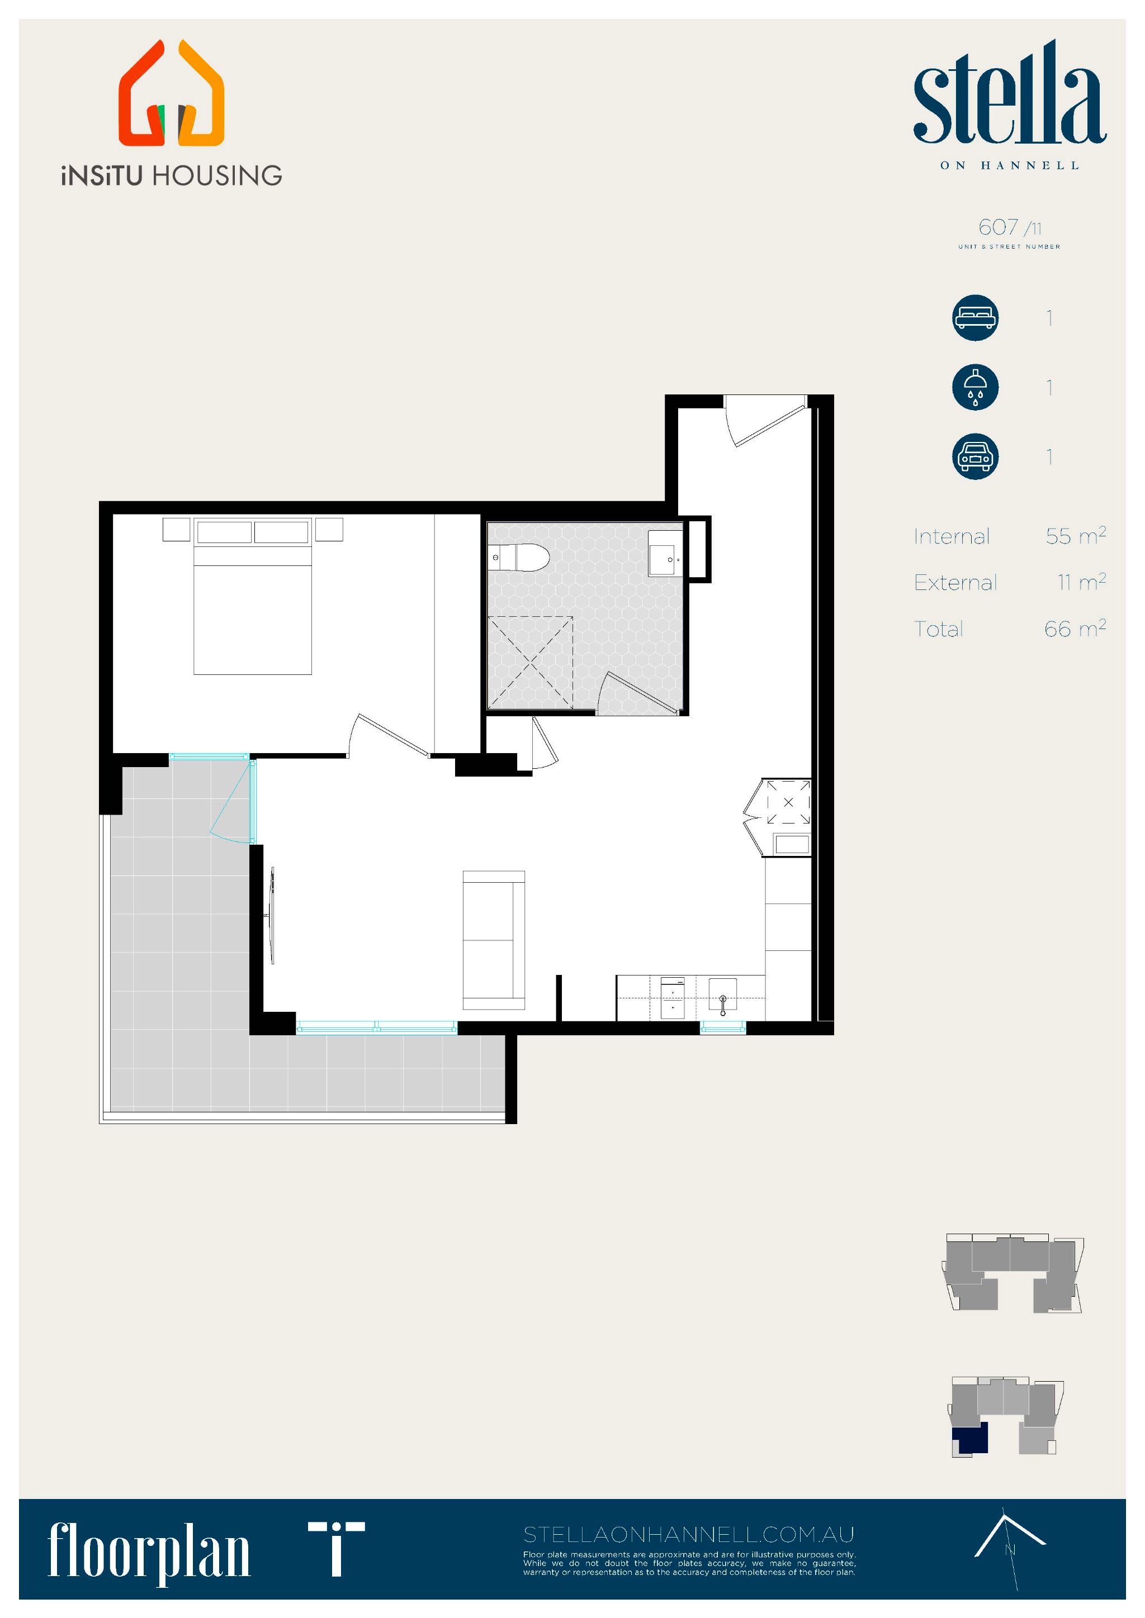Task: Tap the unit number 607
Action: pos(999,227)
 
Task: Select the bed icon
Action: pos(975,318)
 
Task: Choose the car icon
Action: pos(975,456)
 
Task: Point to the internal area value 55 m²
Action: pos(1075,536)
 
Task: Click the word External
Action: pos(955,582)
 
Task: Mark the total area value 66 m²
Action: pos(1075,628)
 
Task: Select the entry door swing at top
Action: pos(765,421)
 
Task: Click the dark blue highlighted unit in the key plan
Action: pos(971,1438)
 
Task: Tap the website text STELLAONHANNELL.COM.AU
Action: pos(688,1534)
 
